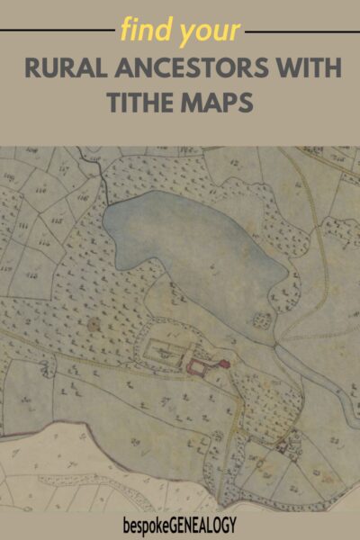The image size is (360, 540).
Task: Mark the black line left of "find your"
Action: tap(54, 31)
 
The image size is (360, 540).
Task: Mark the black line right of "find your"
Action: tap(301, 31)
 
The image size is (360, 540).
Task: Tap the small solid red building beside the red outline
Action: tap(224, 364)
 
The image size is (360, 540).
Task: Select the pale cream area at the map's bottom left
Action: tap(54, 477)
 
